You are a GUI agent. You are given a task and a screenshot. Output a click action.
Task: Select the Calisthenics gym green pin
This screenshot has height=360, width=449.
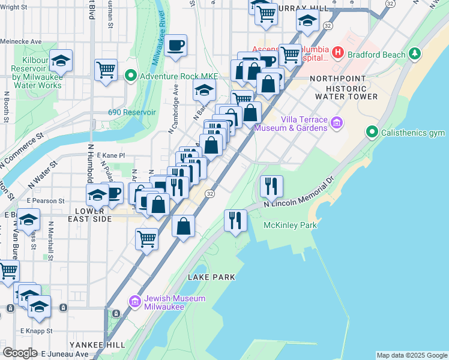pyautogui.click(x=372, y=132)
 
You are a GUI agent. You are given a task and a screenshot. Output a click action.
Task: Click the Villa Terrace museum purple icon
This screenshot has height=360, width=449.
pyautogui.click(x=336, y=123)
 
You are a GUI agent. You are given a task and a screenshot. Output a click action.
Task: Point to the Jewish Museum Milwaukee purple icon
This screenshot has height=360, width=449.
pyautogui.click(x=134, y=301)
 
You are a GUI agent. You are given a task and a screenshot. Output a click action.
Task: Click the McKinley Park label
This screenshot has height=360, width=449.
pyautogui.click(x=291, y=225)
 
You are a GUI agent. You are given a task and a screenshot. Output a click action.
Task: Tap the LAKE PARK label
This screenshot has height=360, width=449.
pyautogui.click(x=211, y=277)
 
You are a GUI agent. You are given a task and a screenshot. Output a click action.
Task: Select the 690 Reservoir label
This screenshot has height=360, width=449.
pyautogui.click(x=132, y=112)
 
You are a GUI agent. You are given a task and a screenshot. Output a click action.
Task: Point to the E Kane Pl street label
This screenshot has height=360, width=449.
pyautogui.click(x=110, y=155)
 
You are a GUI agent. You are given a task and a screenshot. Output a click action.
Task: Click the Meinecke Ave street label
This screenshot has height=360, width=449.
pyautogui.click(x=21, y=41)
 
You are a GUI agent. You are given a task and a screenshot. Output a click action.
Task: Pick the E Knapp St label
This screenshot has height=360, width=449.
pyautogui.click(x=36, y=331)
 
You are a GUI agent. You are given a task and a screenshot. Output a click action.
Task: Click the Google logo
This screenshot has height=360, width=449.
pyautogui.click(x=20, y=353)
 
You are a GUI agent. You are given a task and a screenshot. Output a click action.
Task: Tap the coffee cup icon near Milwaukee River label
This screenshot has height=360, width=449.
pyautogui.click(x=175, y=46)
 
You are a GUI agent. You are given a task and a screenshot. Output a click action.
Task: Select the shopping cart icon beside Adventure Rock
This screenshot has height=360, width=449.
pyautogui.click(x=106, y=70)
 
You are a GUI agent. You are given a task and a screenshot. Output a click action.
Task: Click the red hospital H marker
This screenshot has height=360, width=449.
pyautogui.click(x=338, y=53)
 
